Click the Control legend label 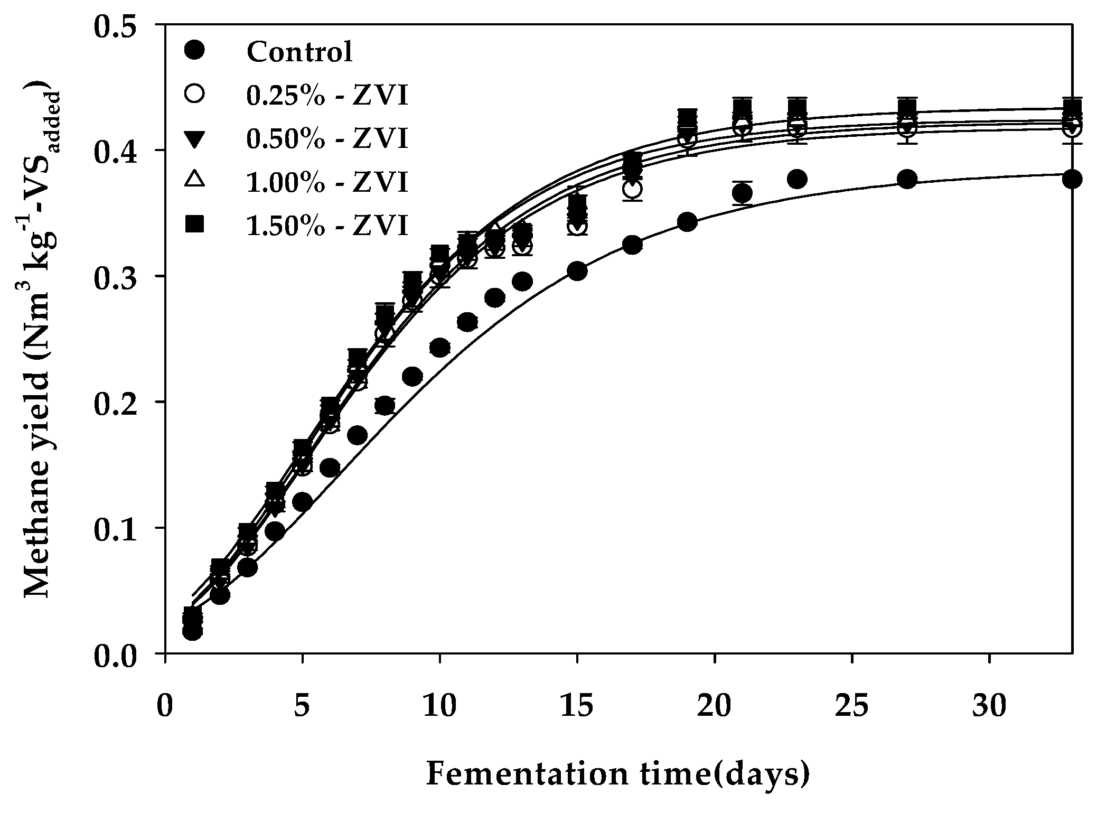299,52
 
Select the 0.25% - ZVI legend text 327,96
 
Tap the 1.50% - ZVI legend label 327,226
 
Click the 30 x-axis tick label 989,707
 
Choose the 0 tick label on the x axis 165,707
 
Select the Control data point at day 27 907,179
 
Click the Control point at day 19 687,222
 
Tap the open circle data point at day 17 632,189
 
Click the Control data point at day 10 439,348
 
